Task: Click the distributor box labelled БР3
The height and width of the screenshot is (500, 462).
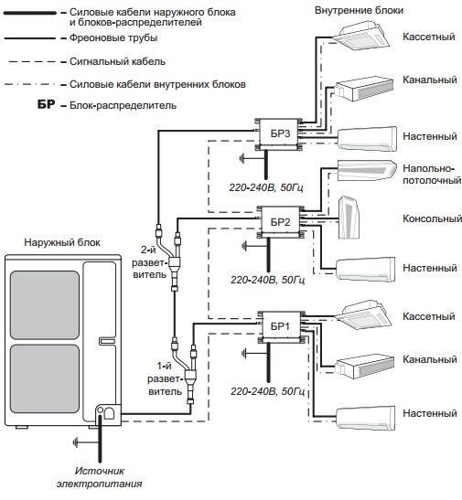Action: [280, 133]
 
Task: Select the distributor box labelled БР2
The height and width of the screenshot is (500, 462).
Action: [280, 221]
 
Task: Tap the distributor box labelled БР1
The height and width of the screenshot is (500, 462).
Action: [280, 326]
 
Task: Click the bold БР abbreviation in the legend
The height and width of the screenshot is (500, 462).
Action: [47, 104]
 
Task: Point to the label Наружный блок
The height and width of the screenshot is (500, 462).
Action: [62, 242]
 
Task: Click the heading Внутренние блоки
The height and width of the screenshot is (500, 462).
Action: [359, 10]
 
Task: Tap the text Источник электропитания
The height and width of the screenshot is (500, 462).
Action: [99, 477]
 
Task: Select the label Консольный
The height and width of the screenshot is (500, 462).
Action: [432, 218]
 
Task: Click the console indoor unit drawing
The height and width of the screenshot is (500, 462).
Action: [349, 218]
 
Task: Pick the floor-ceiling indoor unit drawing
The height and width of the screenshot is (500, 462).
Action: [367, 170]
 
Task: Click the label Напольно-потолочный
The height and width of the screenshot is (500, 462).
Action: [432, 174]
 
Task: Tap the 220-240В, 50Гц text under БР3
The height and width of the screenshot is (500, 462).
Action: [266, 187]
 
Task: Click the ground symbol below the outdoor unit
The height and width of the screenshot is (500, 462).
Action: [76, 442]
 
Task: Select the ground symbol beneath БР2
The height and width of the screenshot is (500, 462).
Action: [244, 246]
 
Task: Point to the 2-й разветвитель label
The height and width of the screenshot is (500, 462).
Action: [149, 262]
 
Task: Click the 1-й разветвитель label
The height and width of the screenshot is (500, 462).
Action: [165, 378]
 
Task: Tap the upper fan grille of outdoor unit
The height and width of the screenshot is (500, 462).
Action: [45, 305]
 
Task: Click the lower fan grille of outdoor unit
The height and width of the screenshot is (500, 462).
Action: [45, 378]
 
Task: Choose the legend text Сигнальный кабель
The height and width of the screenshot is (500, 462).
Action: [117, 61]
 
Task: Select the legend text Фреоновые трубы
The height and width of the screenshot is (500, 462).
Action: [113, 38]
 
